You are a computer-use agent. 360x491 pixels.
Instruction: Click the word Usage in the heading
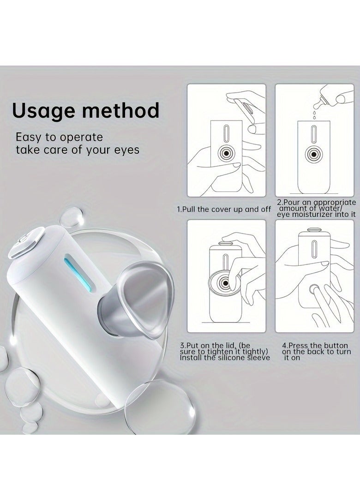[x=44, y=111]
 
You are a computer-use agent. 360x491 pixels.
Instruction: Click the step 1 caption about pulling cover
[x=224, y=209]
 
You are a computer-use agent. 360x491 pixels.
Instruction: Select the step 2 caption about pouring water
[x=317, y=208]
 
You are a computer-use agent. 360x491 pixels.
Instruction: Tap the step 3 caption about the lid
[x=224, y=351]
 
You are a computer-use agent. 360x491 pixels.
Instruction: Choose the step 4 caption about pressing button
[x=316, y=351]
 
